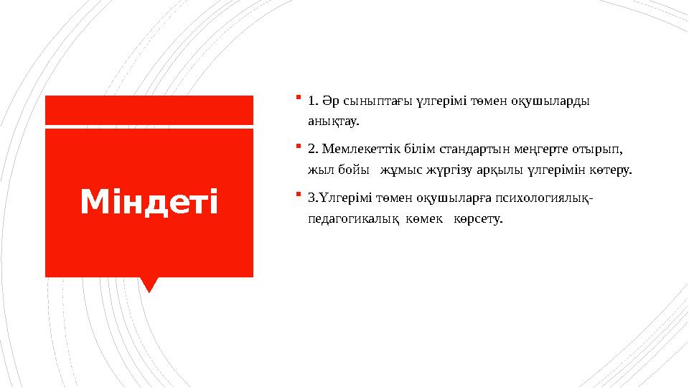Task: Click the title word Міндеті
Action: coord(149,203)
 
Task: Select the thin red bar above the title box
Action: coord(149,110)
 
